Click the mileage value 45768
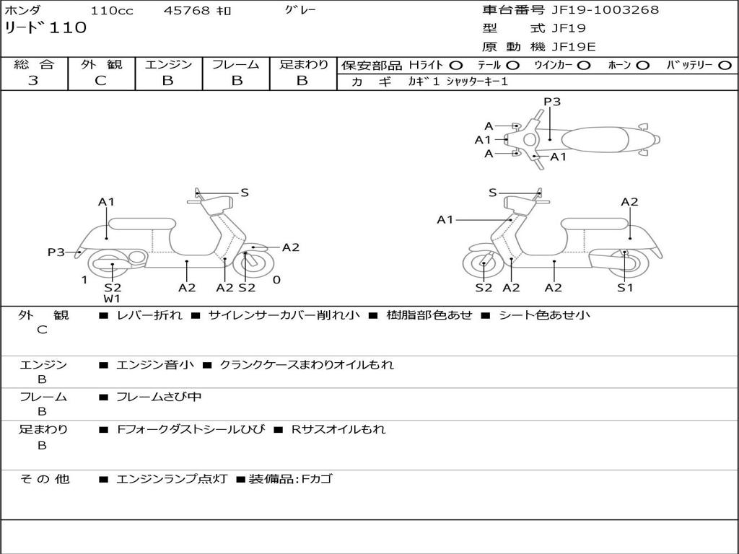pyautogui.click(x=187, y=11)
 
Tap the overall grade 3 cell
pyautogui.click(x=33, y=81)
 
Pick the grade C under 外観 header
pyautogui.click(x=101, y=81)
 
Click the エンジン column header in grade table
pyautogui.click(x=168, y=65)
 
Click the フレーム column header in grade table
pyautogui.click(x=235, y=65)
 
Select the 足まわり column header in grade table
pyautogui.click(x=303, y=65)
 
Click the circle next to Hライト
pyautogui.click(x=456, y=66)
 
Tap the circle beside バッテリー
pyautogui.click(x=725, y=66)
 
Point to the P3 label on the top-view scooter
pyautogui.click(x=552, y=102)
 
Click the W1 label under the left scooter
pyautogui.click(x=112, y=299)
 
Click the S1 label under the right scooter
pyautogui.click(x=625, y=288)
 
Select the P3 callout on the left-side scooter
pyautogui.click(x=56, y=252)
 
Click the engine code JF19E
pyautogui.click(x=573, y=48)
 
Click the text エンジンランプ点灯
pyautogui.click(x=172, y=479)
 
